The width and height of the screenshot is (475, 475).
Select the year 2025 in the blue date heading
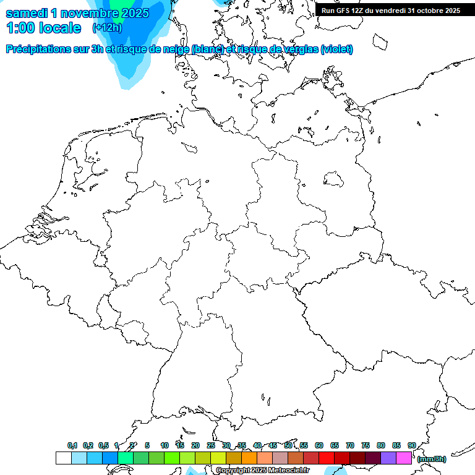132,13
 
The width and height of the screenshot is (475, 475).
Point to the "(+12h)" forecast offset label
107,28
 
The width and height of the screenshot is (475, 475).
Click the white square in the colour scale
63,458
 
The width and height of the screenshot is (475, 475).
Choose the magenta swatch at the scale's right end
404,458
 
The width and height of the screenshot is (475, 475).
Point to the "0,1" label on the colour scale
72,445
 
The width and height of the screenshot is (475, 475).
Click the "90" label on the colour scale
411,445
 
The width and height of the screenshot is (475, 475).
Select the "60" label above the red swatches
319,445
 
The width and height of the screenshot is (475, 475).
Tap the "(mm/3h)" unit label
432,459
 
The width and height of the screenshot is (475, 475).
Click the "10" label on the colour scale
165,445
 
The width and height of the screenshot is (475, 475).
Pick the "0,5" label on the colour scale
103,445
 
